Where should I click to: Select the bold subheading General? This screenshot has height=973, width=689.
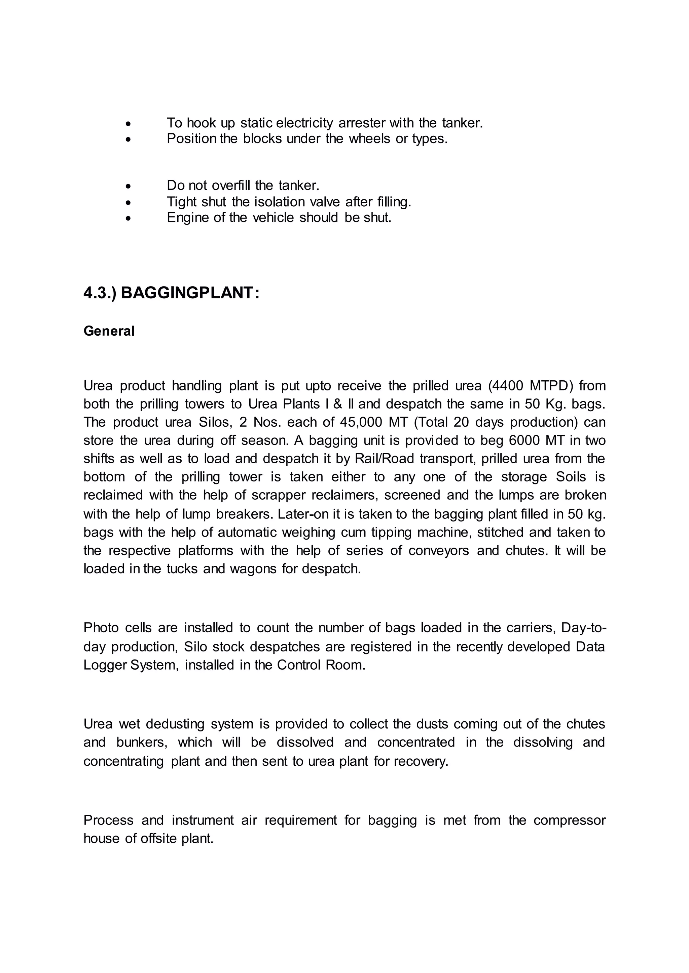[x=109, y=331]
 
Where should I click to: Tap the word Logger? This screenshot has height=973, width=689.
[x=105, y=665]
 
